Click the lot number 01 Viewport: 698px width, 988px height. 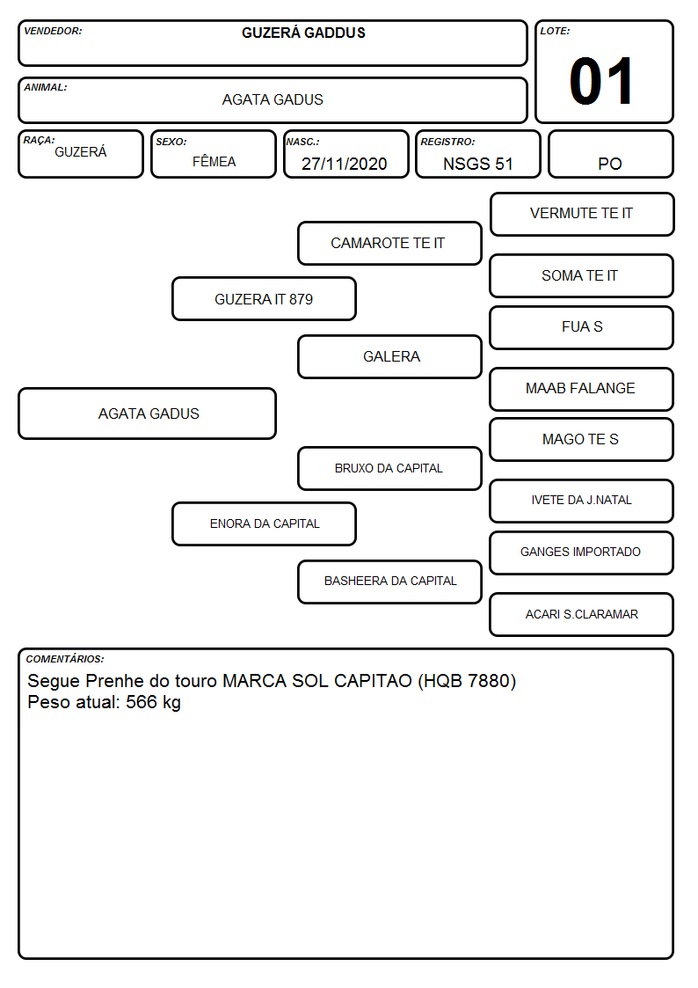click(601, 81)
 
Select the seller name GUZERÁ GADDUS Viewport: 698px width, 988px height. click(303, 33)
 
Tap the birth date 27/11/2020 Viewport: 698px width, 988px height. click(345, 164)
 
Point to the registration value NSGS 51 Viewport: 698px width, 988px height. click(477, 164)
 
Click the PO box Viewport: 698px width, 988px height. click(610, 154)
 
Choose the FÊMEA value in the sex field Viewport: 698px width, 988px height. click(214, 162)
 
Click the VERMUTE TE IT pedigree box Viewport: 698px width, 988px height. click(582, 215)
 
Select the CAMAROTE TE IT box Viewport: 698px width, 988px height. click(389, 243)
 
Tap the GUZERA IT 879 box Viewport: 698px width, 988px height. click(264, 298)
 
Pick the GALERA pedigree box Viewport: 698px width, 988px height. click(389, 356)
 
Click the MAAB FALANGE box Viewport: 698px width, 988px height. click(582, 389)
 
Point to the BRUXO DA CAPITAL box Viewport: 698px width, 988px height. click(389, 468)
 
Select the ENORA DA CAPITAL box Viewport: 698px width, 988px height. click(264, 523)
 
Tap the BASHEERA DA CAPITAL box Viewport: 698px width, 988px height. click(389, 582)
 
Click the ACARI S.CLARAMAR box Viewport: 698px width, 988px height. click(582, 614)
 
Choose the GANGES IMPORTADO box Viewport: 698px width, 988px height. click(582, 553)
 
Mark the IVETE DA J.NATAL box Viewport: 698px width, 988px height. click(582, 501)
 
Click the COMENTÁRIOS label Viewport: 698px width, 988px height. click(65, 659)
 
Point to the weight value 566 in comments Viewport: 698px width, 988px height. click(141, 702)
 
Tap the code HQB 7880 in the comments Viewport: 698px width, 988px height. click(467, 681)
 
